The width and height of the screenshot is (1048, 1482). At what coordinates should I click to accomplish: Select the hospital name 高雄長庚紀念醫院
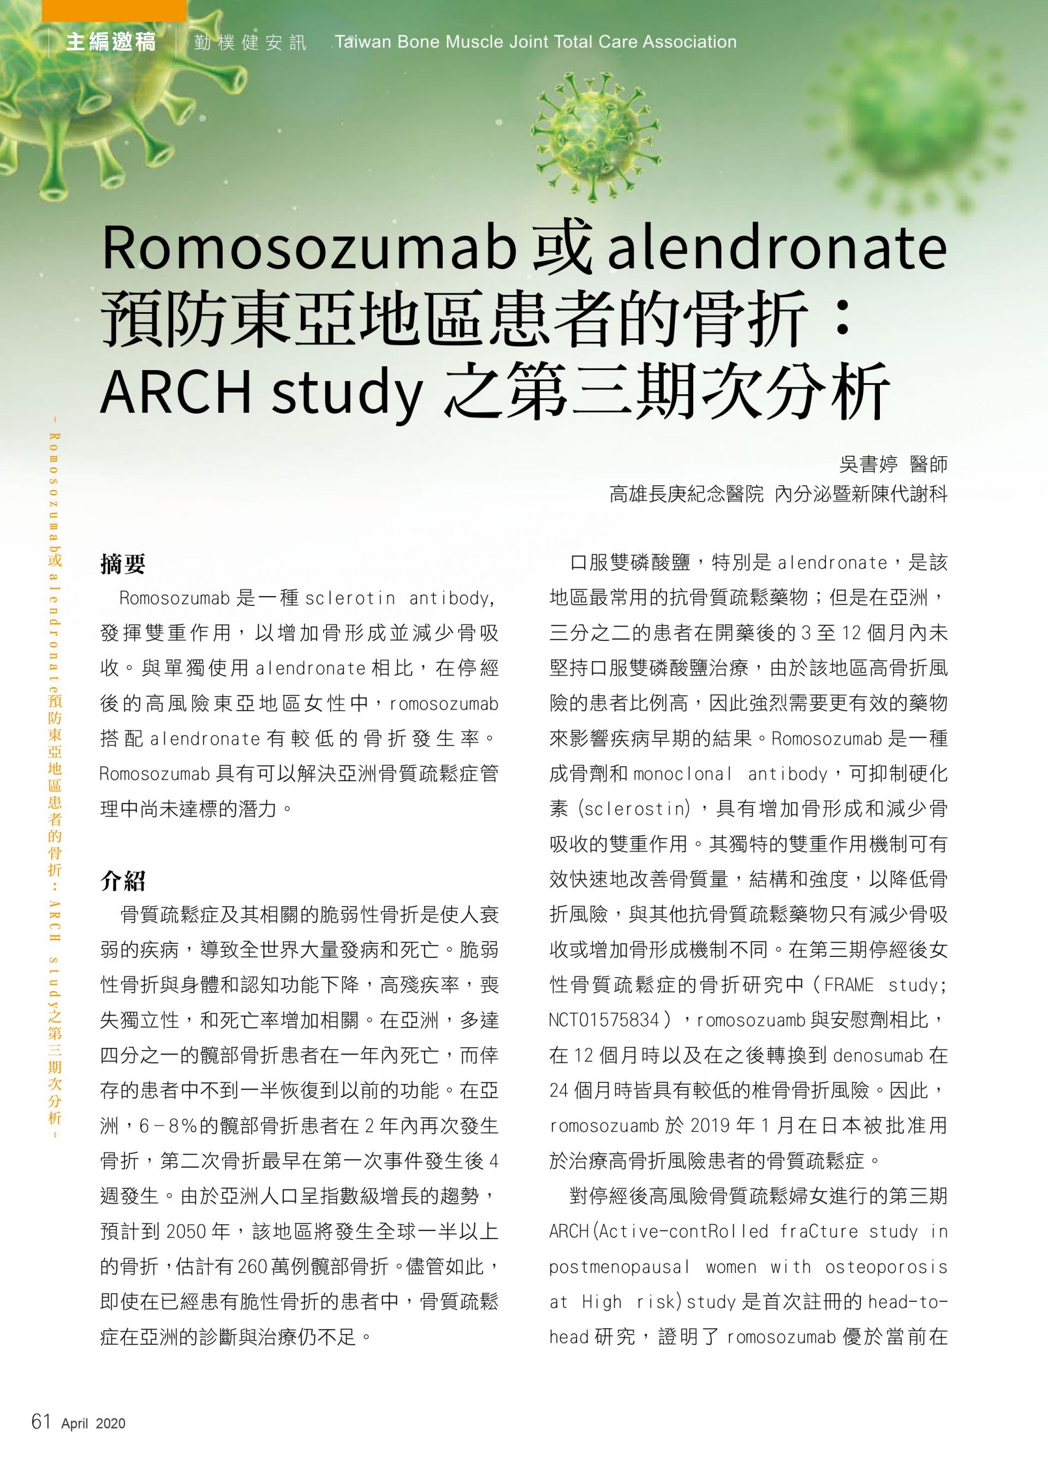pyautogui.click(x=687, y=495)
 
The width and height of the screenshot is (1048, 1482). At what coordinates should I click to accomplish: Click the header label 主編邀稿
pyautogui.click(x=110, y=42)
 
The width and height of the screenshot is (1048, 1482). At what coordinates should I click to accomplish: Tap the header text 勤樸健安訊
pyautogui.click(x=250, y=43)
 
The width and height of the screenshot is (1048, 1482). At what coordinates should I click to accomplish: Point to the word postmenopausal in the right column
pyautogui.click(x=619, y=1267)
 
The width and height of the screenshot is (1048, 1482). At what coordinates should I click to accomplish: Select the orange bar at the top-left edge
pyautogui.click(x=114, y=10)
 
